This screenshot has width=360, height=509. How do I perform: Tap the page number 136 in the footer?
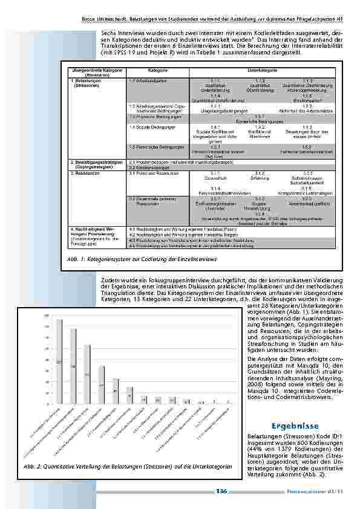[x=221, y=491]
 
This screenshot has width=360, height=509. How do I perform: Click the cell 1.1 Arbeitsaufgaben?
[x=146, y=80]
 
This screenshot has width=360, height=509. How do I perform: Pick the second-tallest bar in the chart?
[x=73, y=365]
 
